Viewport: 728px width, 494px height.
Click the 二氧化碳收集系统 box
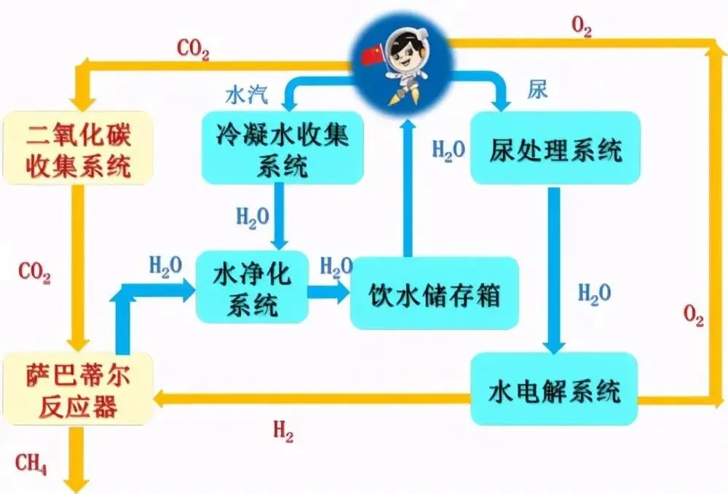pos(79,146)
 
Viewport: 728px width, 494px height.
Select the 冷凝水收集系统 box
pos(282,149)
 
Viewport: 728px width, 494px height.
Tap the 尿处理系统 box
pos(555,149)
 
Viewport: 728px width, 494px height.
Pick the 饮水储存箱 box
pos(434,293)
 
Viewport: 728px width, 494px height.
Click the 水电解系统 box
pos(554,390)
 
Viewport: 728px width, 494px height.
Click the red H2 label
pos(283,432)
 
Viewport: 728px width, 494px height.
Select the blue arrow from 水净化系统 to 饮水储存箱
pos(327,293)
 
